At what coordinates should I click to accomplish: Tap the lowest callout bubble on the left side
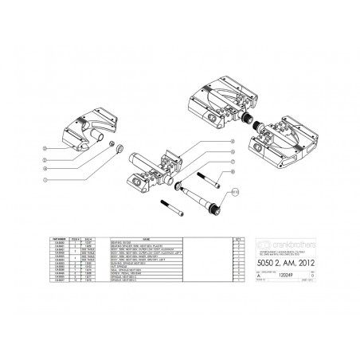[x=47, y=181]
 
